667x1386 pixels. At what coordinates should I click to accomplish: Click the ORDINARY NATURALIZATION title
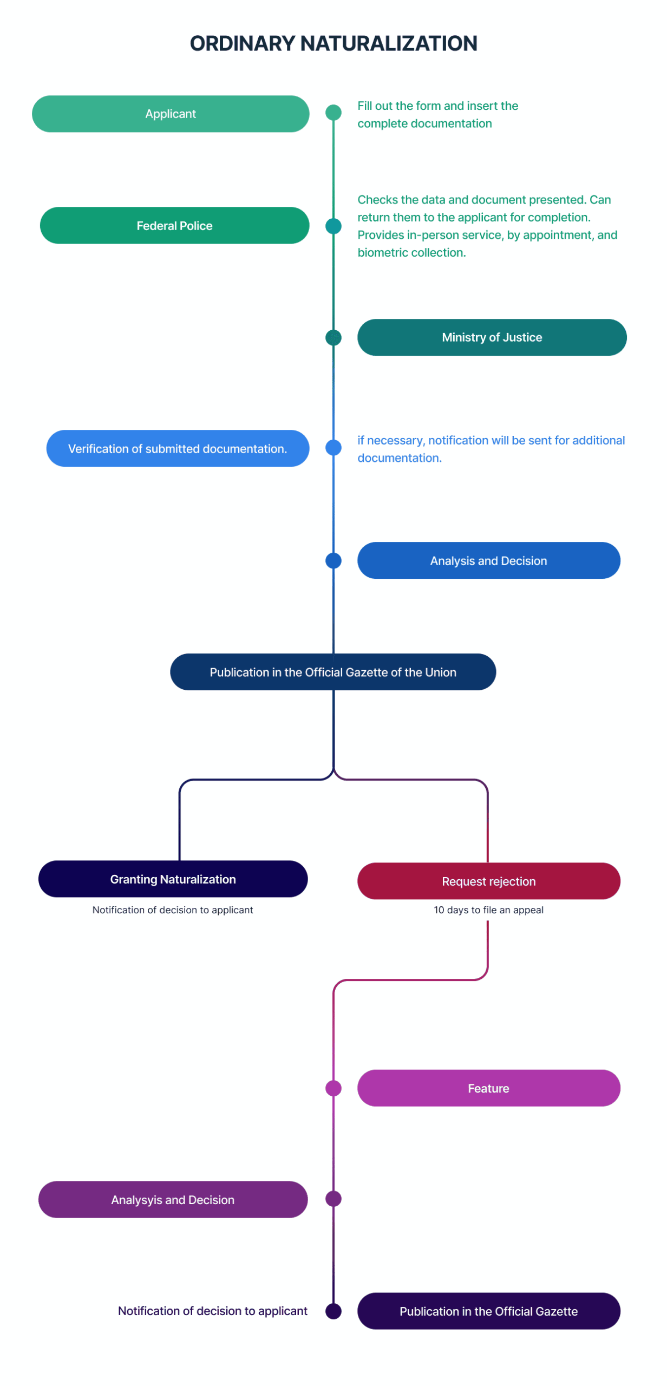click(x=333, y=43)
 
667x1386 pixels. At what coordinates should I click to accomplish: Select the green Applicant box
click(x=171, y=114)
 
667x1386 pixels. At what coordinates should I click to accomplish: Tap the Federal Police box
click(x=174, y=225)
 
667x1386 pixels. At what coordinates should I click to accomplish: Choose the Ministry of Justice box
click(x=491, y=337)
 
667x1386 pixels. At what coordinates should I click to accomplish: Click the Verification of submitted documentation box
click(x=178, y=448)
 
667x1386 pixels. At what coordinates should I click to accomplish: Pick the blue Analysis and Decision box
click(x=488, y=560)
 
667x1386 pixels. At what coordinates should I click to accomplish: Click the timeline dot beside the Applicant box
click(x=333, y=113)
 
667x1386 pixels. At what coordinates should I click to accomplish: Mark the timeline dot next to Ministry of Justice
click(x=333, y=337)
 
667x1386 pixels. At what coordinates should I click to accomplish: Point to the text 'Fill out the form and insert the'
click(x=437, y=106)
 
